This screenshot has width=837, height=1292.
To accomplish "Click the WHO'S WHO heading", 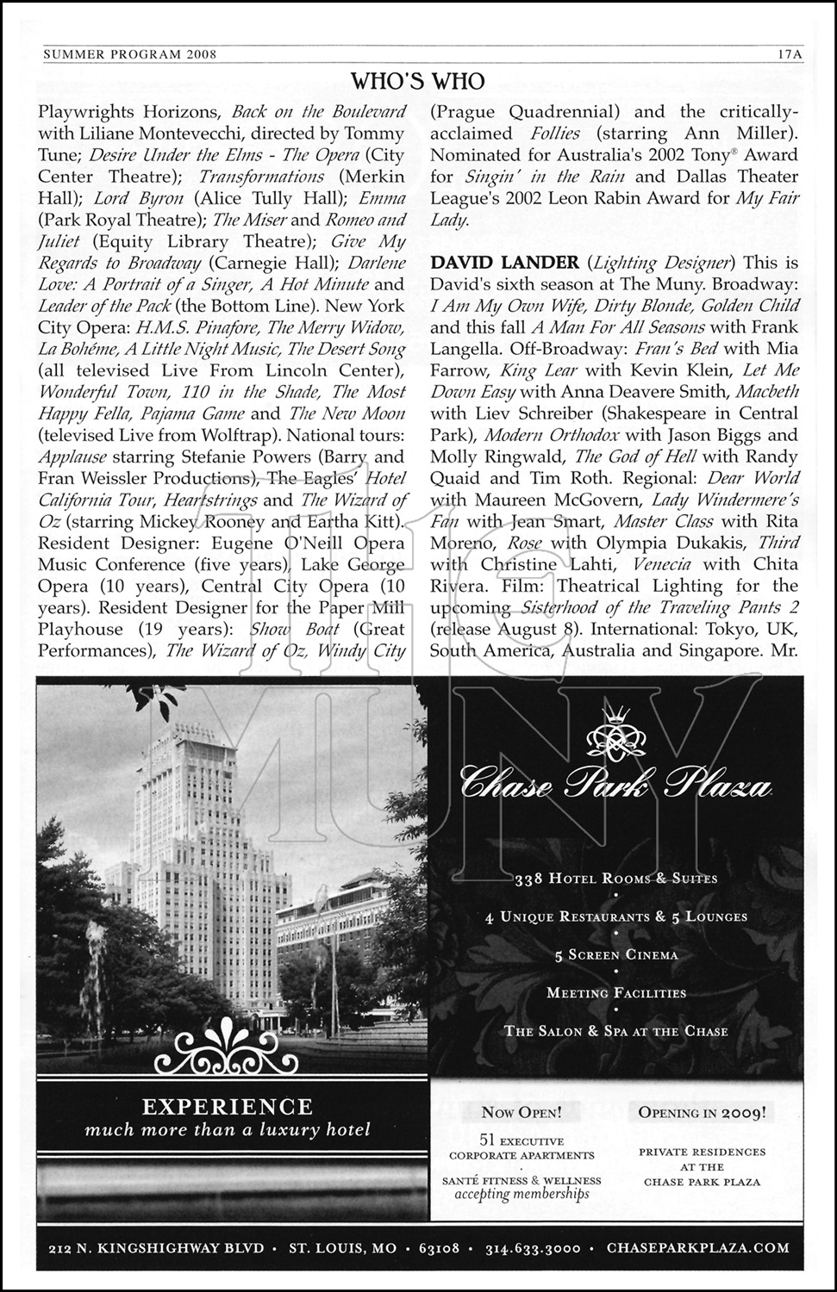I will (x=418, y=81).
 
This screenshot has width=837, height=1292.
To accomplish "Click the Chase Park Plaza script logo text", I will (x=615, y=786).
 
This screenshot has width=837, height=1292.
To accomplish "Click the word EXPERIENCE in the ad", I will (x=227, y=1106).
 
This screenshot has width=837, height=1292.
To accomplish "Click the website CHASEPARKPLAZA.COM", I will (x=697, y=1246).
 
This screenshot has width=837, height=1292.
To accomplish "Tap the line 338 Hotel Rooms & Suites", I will (x=615, y=879).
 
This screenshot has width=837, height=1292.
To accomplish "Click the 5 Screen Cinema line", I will (x=615, y=954).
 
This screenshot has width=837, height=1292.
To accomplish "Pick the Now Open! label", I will (x=522, y=1112).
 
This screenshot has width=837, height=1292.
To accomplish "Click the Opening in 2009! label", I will (x=702, y=1112).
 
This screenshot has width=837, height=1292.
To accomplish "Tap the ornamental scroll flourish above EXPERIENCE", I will (x=227, y=1046).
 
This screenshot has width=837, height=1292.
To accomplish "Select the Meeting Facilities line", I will (x=615, y=992).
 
